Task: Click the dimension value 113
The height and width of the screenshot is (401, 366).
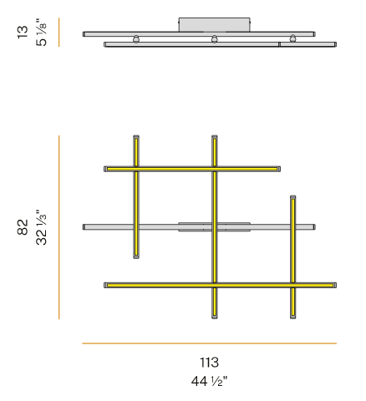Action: [x=209, y=363]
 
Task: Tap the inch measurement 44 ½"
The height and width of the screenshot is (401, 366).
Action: [x=209, y=381]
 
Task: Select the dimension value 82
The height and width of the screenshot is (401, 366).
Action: [x=23, y=227]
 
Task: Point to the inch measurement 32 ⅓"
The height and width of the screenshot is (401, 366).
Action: [x=41, y=227]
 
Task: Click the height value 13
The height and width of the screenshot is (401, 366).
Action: [x=23, y=32]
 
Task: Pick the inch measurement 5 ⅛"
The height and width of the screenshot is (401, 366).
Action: [x=41, y=32]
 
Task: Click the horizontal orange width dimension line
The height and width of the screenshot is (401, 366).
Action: [x=209, y=343]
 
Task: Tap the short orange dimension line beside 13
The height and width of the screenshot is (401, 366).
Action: [x=59, y=32]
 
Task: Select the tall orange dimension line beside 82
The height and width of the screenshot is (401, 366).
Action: [x=59, y=227]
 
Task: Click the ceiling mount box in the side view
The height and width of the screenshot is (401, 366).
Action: [x=214, y=24]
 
